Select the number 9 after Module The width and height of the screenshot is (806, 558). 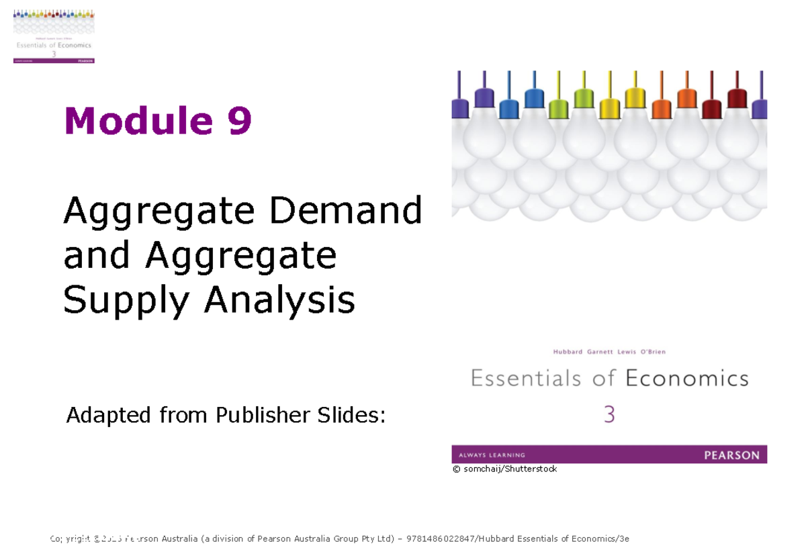tap(240, 122)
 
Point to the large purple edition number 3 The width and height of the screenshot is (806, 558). tap(609, 415)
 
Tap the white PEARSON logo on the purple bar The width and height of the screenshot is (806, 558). tap(731, 455)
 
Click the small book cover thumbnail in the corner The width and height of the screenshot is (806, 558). tap(54, 36)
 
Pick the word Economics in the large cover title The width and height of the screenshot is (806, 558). tap(687, 379)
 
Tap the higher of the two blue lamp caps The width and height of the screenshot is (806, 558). tap(534, 98)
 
